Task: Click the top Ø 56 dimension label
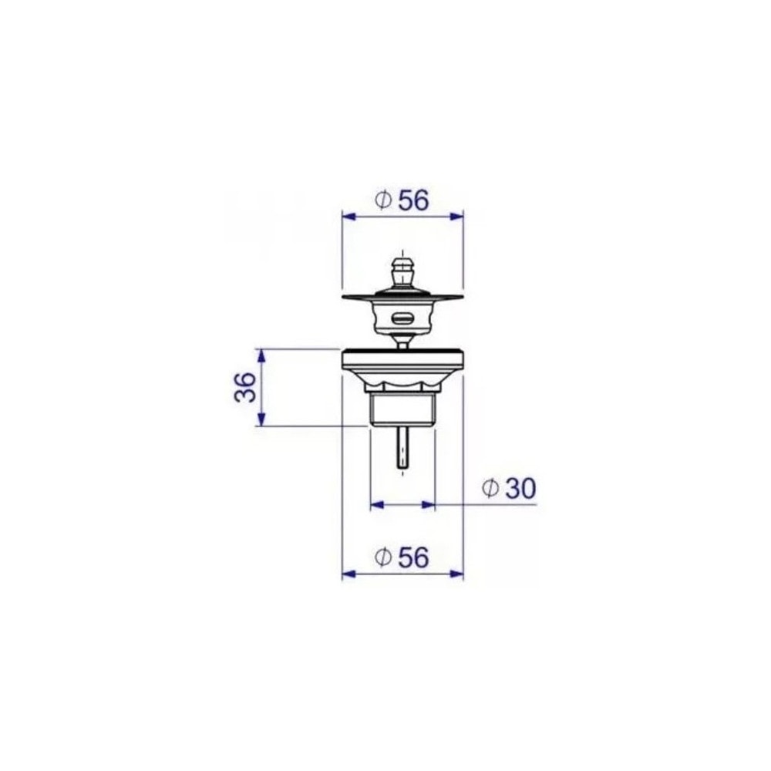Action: (401, 200)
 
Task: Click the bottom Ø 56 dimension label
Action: (401, 557)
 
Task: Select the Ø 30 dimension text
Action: (508, 488)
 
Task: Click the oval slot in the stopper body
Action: (402, 318)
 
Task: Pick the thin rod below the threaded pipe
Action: (402, 447)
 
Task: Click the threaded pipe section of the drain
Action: (402, 409)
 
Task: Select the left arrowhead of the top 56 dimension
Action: (348, 216)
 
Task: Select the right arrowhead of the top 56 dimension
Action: (456, 216)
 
